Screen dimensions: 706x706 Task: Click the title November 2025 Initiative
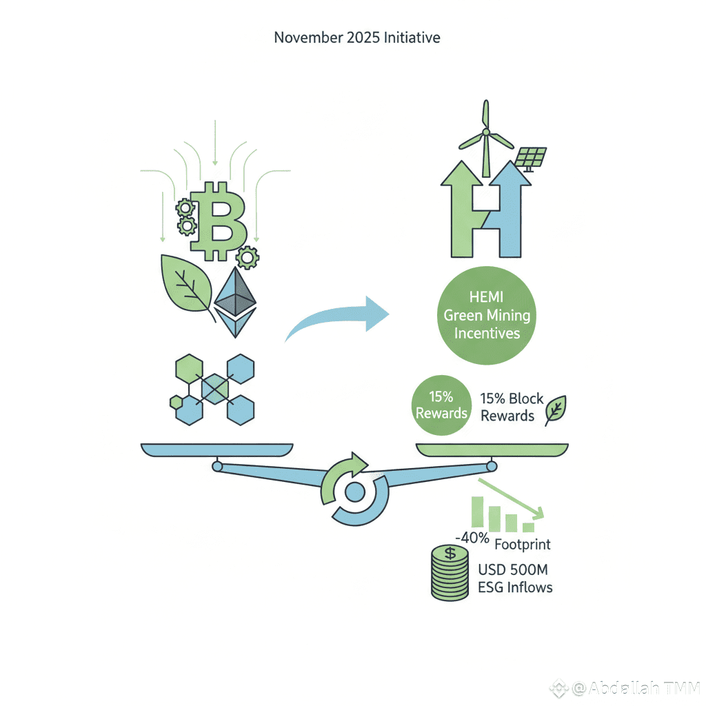pos(356,37)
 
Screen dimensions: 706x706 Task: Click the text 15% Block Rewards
pos(512,407)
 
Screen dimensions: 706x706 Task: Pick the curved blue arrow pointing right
pos(338,319)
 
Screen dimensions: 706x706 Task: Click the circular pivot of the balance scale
pos(354,492)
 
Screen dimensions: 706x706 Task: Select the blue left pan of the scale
pos(216,450)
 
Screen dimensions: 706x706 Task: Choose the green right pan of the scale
pos(492,450)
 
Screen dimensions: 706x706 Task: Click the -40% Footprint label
pos(503,543)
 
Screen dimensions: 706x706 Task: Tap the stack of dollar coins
pos(450,572)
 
